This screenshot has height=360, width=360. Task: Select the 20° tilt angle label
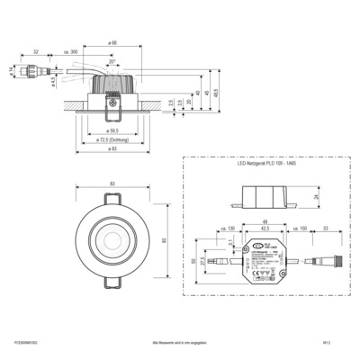[x=111, y=64]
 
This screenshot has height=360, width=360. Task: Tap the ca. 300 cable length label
[x=73, y=52]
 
